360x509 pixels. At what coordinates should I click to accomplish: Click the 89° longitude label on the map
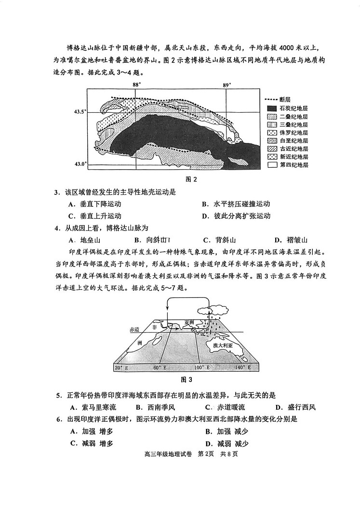pyautogui.click(x=227, y=85)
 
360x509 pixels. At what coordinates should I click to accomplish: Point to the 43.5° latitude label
pyautogui.click(x=80, y=111)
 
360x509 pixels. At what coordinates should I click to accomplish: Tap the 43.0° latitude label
pyautogui.click(x=80, y=164)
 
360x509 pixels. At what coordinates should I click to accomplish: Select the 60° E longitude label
pyautogui.click(x=160, y=368)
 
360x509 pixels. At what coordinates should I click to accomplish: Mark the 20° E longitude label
pyautogui.click(x=121, y=368)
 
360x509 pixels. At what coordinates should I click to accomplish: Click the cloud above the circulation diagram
pyautogui.click(x=213, y=310)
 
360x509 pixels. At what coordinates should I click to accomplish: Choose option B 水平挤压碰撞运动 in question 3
pyautogui.click(x=236, y=204)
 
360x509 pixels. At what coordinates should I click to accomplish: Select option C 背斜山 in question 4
pyautogui.click(x=219, y=240)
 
